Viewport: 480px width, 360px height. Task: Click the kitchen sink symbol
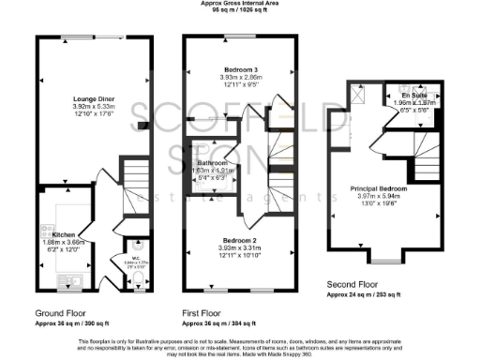click(65, 278)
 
